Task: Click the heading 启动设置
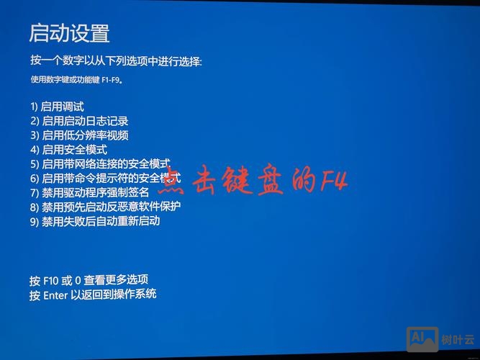click(x=69, y=33)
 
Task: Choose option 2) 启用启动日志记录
click(x=79, y=121)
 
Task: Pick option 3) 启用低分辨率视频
click(x=79, y=135)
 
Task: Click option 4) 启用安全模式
click(x=68, y=150)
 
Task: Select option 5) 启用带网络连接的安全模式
click(x=101, y=164)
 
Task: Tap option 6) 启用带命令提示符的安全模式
click(x=105, y=178)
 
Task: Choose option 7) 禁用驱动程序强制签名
click(x=89, y=192)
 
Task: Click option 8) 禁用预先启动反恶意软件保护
click(x=105, y=207)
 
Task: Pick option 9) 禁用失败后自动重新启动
click(x=95, y=221)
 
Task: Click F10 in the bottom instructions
click(x=51, y=279)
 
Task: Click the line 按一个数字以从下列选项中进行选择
click(x=116, y=61)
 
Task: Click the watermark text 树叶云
click(x=458, y=339)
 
